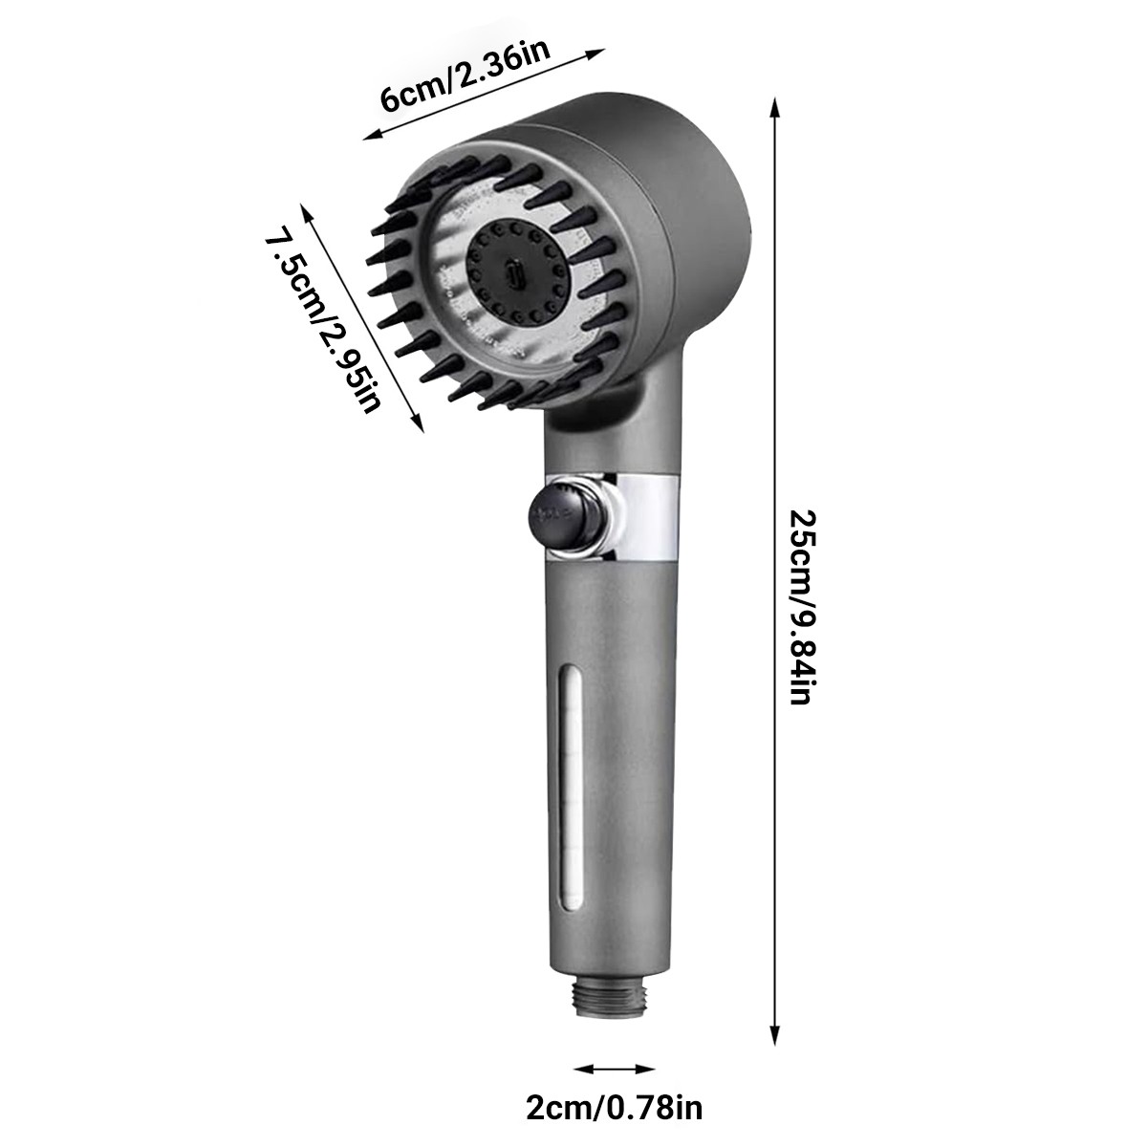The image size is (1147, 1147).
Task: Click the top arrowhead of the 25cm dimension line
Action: tap(772, 102)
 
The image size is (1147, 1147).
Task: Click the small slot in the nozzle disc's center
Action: tap(515, 275)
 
